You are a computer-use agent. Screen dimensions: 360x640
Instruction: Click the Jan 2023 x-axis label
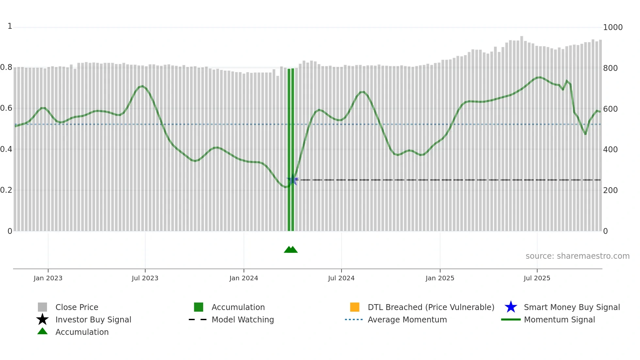click(x=48, y=278)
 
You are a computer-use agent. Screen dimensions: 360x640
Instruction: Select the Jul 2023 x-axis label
click(x=145, y=278)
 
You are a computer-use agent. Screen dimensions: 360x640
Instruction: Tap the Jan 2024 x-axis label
click(x=244, y=278)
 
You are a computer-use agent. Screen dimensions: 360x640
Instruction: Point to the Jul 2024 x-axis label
click(x=341, y=278)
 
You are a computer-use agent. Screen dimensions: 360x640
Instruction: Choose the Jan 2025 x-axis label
click(x=440, y=278)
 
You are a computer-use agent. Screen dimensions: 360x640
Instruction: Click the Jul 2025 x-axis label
click(x=537, y=278)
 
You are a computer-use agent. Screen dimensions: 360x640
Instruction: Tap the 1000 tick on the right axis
click(x=613, y=27)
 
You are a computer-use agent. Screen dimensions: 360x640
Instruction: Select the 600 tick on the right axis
click(x=610, y=109)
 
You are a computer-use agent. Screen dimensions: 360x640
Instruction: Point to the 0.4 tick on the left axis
click(x=6, y=150)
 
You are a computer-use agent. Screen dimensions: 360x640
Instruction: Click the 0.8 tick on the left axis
click(x=6, y=68)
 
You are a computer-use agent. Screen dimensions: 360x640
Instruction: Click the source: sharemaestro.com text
click(x=577, y=256)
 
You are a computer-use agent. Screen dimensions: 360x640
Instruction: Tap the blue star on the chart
click(x=292, y=180)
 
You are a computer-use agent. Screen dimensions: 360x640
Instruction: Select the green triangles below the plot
click(x=291, y=250)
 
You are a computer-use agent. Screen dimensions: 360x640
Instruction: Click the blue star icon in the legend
click(x=511, y=307)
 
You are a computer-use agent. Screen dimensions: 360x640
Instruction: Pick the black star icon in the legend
click(x=42, y=319)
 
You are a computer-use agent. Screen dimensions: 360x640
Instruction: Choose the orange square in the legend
click(x=355, y=307)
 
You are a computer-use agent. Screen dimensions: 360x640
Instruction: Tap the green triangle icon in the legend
click(x=42, y=331)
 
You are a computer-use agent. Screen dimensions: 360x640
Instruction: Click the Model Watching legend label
click(x=243, y=319)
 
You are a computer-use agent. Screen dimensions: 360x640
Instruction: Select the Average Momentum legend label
click(x=407, y=319)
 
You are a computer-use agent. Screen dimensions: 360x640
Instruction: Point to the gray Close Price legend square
click(x=42, y=307)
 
